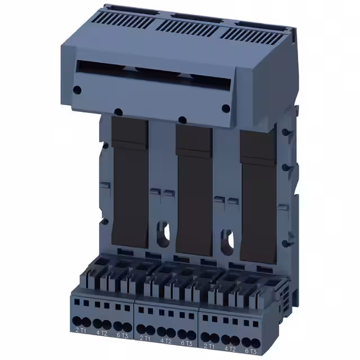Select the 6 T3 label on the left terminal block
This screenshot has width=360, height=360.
122,336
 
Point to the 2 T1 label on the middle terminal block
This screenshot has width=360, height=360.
145,337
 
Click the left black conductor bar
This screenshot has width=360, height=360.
130,180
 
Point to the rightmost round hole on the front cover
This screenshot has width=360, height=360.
226,109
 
